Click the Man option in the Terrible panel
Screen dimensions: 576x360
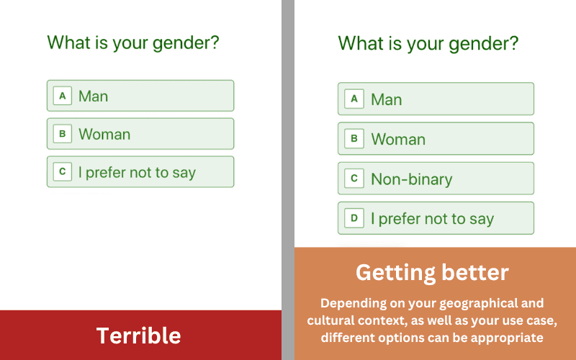pyautogui.click(x=140, y=96)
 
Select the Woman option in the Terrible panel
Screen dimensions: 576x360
pyautogui.click(x=140, y=134)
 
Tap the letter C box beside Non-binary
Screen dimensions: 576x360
pyautogui.click(x=354, y=179)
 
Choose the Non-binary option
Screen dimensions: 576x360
pyautogui.click(x=436, y=179)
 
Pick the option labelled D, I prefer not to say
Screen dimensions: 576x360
pyautogui.click(x=436, y=218)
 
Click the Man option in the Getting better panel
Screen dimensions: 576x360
pyautogui.click(x=436, y=99)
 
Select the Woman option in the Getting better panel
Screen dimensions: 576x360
pyautogui.click(x=436, y=138)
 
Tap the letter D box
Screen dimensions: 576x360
pyautogui.click(x=354, y=218)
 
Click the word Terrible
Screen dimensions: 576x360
pyautogui.click(x=138, y=336)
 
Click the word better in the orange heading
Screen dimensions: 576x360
pyautogui.click(x=475, y=273)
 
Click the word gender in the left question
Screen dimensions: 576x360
pyautogui.click(x=186, y=43)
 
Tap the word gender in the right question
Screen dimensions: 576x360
pyautogui.click(x=483, y=44)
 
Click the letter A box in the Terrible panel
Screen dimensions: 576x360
pyautogui.click(x=63, y=96)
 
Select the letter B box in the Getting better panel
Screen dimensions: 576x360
pyautogui.click(x=354, y=138)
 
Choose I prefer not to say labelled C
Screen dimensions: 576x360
pyautogui.click(x=140, y=171)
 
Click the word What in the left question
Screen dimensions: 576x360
pyautogui.click(x=69, y=42)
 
